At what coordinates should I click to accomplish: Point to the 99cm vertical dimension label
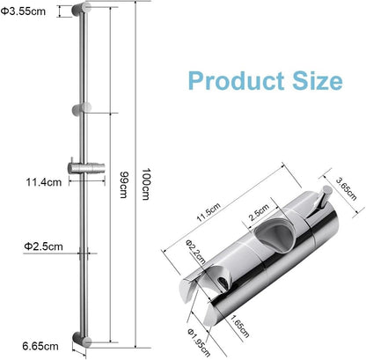click(x=123, y=180)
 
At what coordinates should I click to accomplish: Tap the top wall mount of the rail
click(x=83, y=12)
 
